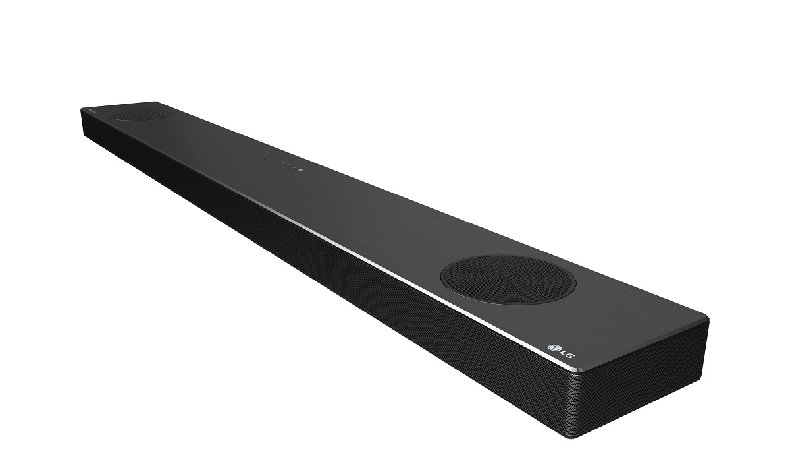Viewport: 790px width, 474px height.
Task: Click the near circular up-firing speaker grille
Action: coord(508,280)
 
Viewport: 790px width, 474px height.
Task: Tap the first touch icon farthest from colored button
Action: coord(267,156)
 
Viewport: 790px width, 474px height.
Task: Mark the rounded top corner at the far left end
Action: coord(82,109)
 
